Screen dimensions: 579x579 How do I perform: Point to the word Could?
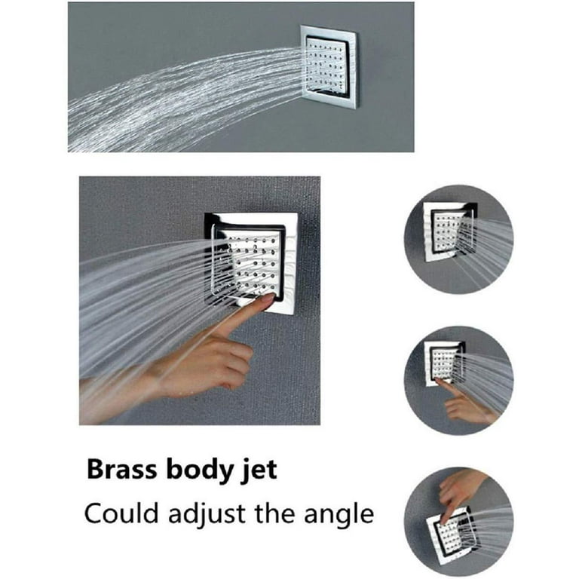pyautogui.click(x=123, y=513)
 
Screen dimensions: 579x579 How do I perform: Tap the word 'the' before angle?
pyautogui.click(x=275, y=513)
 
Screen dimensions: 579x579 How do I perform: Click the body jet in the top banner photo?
pyautogui.click(x=329, y=67)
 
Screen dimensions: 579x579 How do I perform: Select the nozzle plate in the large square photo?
pyautogui.click(x=250, y=264)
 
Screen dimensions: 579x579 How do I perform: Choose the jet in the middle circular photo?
pyautogui.click(x=445, y=363)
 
